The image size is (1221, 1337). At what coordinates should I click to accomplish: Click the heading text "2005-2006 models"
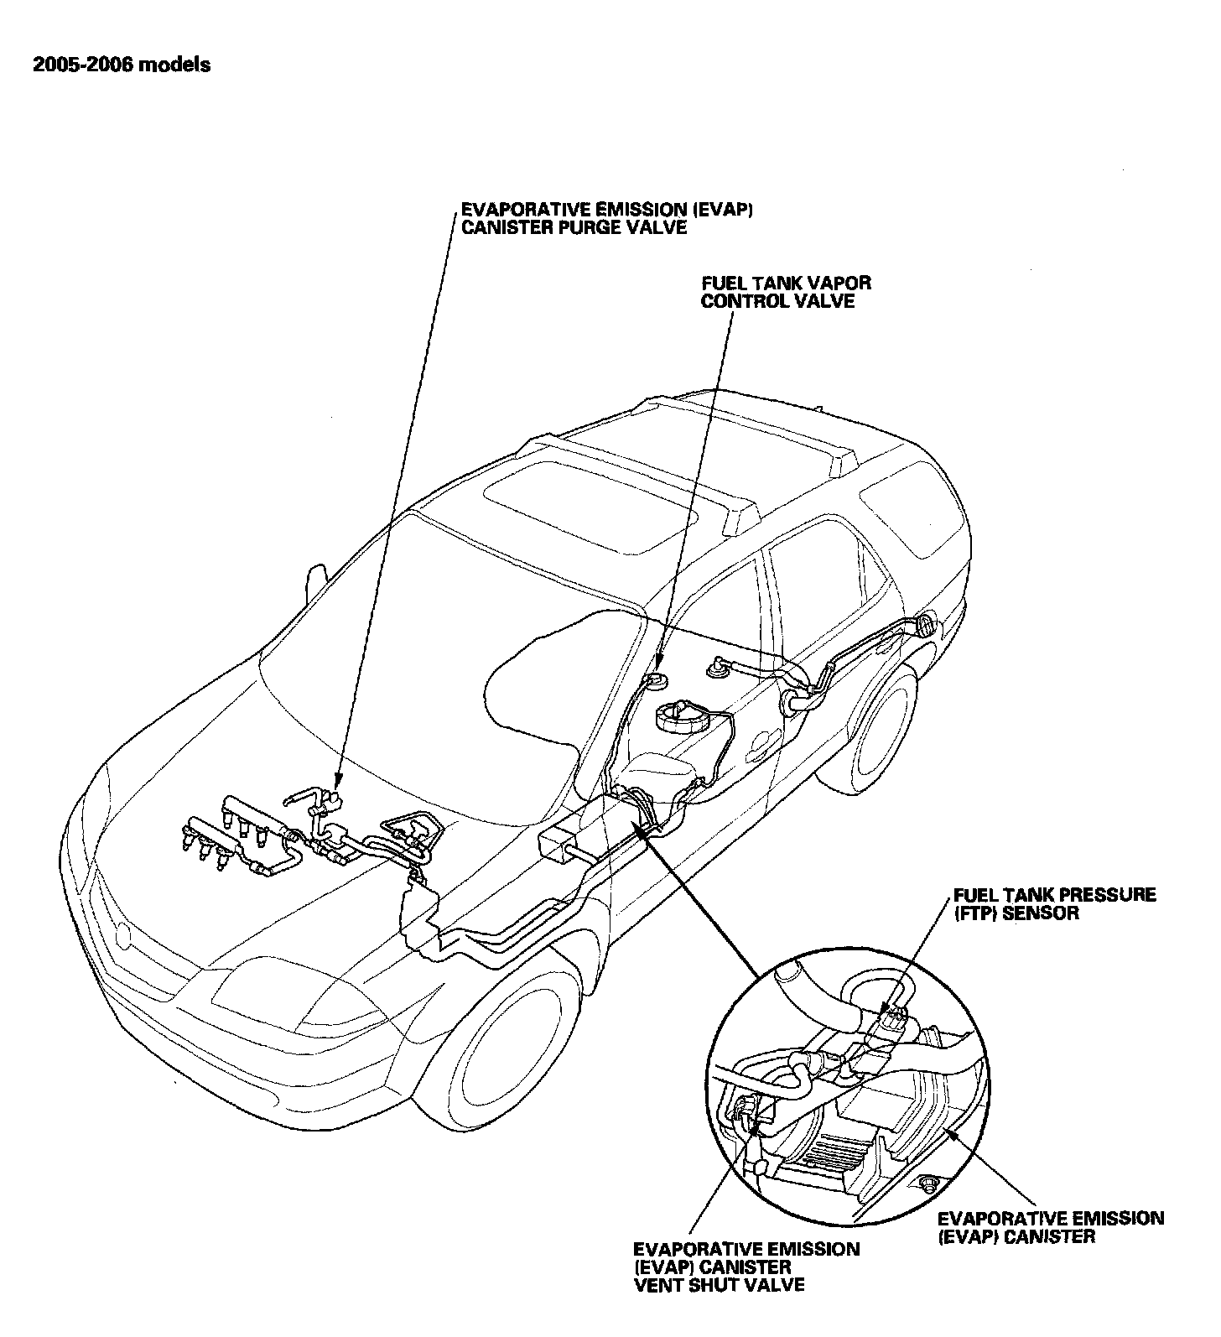point(122,65)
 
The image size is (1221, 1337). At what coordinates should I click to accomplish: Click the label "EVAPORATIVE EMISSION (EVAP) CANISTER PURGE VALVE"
point(606,219)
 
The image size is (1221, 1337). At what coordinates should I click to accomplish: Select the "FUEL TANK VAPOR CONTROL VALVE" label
point(786,293)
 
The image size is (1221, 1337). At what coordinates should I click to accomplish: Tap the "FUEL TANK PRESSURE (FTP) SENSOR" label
point(1054,903)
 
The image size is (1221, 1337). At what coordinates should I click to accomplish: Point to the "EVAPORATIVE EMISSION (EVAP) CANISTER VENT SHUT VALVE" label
point(746,1266)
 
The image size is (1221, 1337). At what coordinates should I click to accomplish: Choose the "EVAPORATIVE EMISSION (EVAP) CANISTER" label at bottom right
point(1050,1226)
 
